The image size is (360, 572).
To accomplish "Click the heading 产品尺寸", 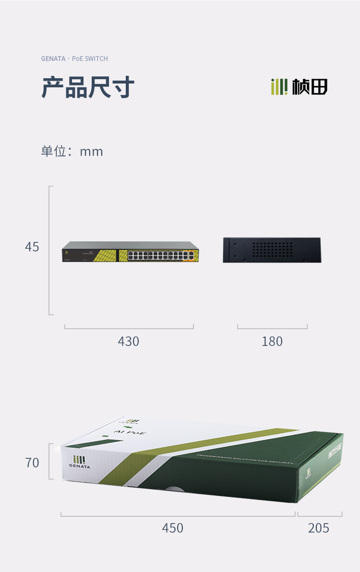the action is click(88, 87).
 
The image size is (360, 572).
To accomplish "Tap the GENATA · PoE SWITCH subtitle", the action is click(74, 59).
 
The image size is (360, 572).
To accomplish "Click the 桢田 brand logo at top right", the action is click(299, 87).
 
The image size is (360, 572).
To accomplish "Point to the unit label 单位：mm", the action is click(72, 152).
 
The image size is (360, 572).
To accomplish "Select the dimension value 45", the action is click(32, 247).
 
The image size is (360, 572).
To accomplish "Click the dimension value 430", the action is click(129, 341).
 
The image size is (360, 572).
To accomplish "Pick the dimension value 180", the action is click(272, 341).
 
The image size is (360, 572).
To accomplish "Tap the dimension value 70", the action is click(32, 463).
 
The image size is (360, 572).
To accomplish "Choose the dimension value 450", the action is click(172, 528).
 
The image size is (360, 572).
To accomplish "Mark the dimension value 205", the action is click(319, 528).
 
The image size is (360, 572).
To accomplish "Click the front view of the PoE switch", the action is click(130, 252).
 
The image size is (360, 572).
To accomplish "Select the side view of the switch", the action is click(272, 250).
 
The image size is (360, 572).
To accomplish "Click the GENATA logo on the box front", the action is click(79, 462).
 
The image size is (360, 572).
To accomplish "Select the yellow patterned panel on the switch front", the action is click(103, 255).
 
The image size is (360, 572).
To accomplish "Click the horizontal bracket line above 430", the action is click(129, 329).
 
